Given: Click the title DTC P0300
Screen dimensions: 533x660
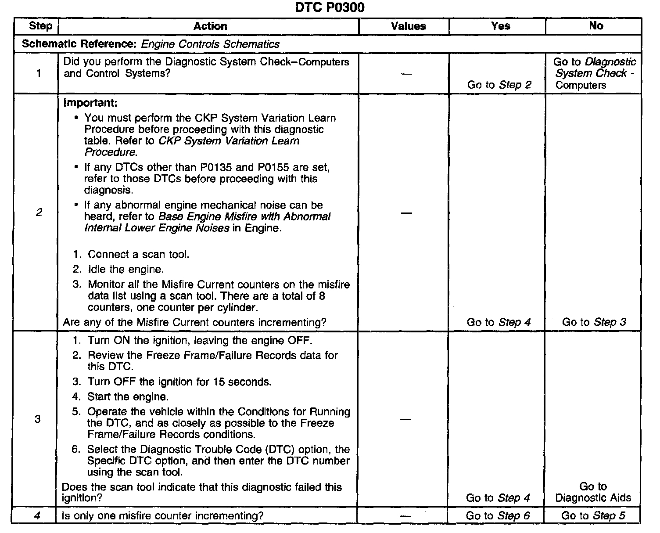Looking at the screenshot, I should click(x=330, y=8).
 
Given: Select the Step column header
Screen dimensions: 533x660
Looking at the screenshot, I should click(x=40, y=26).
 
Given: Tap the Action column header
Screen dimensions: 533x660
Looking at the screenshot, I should click(x=210, y=26).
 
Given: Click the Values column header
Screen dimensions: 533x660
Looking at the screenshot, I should click(x=408, y=26).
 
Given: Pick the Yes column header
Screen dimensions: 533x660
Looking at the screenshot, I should click(x=501, y=26).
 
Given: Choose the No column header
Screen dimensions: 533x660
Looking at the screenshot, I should click(x=596, y=26).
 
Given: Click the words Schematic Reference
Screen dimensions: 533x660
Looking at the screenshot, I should click(x=79, y=44).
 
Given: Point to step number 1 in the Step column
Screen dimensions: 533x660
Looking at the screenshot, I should click(x=39, y=73).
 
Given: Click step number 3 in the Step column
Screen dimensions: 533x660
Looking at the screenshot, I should click(x=38, y=419).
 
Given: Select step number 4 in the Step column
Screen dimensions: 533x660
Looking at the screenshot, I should click(x=37, y=515).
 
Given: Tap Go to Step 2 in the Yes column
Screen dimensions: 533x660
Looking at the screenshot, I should click(x=499, y=85).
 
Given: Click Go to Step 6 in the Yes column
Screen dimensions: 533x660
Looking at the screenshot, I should click(x=498, y=516).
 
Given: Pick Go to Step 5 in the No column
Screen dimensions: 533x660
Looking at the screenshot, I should click(x=593, y=516).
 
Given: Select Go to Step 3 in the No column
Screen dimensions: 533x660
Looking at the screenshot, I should click(x=594, y=322).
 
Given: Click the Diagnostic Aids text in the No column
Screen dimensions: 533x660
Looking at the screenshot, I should click(x=593, y=498).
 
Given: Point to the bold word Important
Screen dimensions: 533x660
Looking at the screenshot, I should click(x=90, y=103).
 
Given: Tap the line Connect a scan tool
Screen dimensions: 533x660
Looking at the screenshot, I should click(x=138, y=255).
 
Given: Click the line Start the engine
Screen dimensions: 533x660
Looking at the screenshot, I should click(x=128, y=397).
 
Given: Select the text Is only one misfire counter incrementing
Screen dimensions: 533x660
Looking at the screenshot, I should click(x=163, y=516).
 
